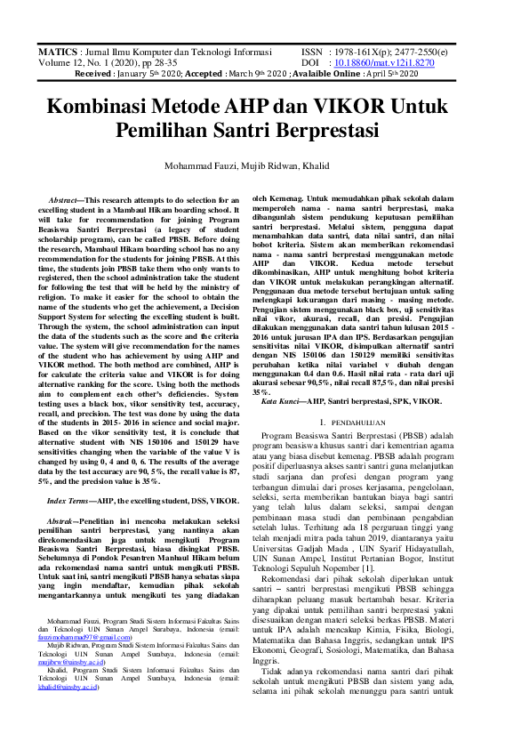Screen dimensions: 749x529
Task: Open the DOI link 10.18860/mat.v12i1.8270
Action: (x=384, y=64)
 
